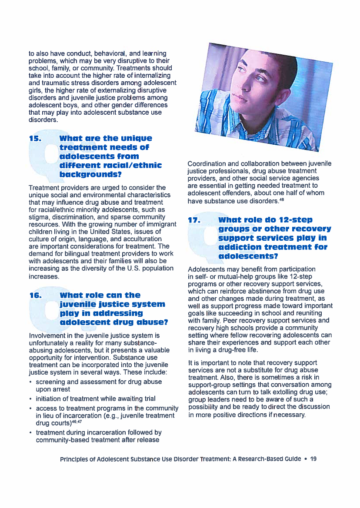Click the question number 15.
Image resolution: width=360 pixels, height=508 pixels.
(34, 139)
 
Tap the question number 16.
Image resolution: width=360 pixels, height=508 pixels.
(34, 295)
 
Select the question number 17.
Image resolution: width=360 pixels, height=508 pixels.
(193, 220)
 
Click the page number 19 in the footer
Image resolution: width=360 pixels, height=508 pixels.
(313, 459)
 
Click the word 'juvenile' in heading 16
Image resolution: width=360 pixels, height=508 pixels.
(77, 304)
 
